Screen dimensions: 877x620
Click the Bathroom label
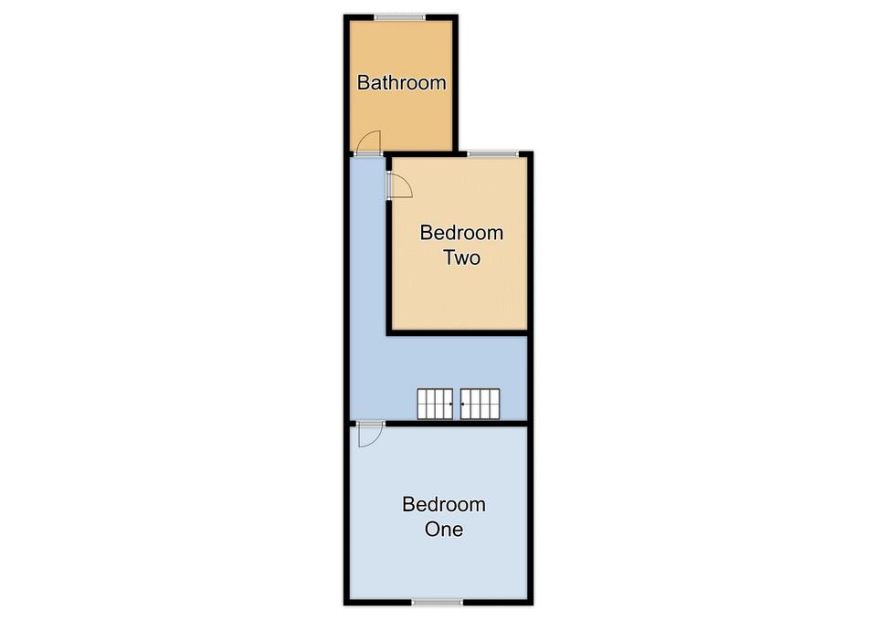click(x=402, y=83)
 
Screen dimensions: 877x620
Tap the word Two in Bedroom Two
click(x=461, y=257)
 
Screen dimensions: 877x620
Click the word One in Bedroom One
click(x=444, y=529)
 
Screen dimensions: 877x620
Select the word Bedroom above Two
click(x=461, y=233)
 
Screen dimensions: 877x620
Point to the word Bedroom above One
click(x=444, y=504)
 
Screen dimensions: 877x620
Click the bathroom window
click(x=399, y=18)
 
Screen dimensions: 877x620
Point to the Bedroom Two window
click(x=492, y=153)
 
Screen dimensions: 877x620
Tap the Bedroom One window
click(x=438, y=602)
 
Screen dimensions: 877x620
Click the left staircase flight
click(x=435, y=404)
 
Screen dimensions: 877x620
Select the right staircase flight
click(x=480, y=404)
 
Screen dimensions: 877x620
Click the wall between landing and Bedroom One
click(x=457, y=423)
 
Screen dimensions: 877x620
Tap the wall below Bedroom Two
click(x=458, y=333)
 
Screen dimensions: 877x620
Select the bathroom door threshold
click(x=368, y=153)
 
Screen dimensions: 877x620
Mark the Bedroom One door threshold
click(x=370, y=423)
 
